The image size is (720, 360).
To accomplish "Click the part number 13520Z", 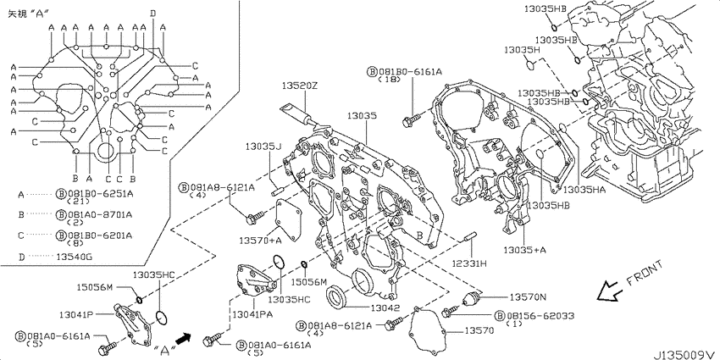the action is (x=299, y=86).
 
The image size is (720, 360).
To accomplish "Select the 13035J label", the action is (x=263, y=147).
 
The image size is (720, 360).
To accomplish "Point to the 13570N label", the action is (x=528, y=297).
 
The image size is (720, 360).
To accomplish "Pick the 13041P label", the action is (x=76, y=315).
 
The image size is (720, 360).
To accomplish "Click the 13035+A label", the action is (x=525, y=250).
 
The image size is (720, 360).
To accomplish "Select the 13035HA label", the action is (x=584, y=189).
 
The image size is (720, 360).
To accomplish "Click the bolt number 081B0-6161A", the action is (x=410, y=72).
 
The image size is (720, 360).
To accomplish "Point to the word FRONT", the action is (x=645, y=274).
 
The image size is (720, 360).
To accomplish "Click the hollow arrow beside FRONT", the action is (x=609, y=291).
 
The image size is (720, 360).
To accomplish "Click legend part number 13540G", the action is (x=74, y=257).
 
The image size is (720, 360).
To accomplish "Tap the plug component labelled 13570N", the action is (x=472, y=299).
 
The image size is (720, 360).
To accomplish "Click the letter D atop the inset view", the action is (x=152, y=14).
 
